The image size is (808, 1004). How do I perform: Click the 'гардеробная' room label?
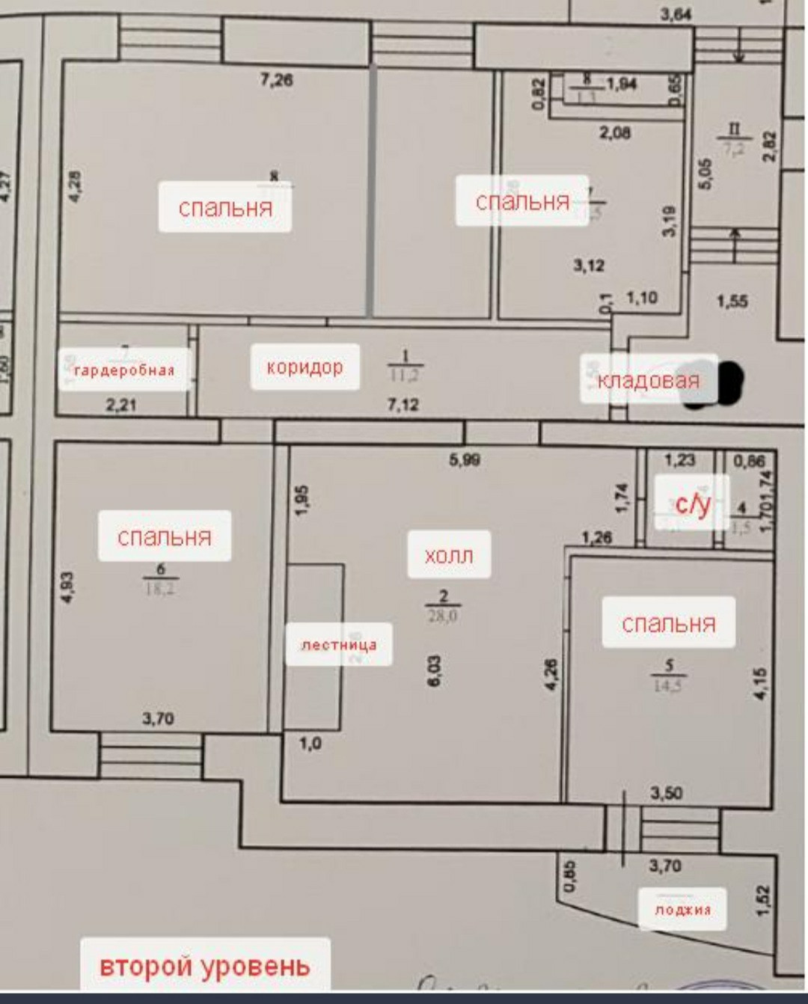[123, 369]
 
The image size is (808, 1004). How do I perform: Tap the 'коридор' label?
[304, 367]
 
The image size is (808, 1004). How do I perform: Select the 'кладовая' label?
[648, 380]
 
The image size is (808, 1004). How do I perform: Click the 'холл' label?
[449, 555]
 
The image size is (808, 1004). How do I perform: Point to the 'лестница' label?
[339, 645]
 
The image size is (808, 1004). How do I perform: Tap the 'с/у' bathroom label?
[692, 503]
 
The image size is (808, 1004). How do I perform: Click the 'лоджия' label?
[682, 910]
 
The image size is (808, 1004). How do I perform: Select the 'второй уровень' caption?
[204, 966]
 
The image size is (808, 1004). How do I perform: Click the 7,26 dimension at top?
[276, 79]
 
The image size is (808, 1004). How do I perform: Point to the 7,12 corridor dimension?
[403, 405]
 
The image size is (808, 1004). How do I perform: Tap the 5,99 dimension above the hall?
[465, 460]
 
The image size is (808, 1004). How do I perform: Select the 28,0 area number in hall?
[443, 616]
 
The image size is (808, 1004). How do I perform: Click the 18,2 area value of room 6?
[159, 589]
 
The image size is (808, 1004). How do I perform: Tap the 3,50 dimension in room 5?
[666, 793]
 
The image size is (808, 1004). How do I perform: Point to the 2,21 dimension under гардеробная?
[121, 405]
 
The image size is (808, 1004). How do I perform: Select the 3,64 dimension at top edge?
[676, 13]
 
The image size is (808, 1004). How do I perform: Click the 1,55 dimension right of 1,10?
[732, 301]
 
